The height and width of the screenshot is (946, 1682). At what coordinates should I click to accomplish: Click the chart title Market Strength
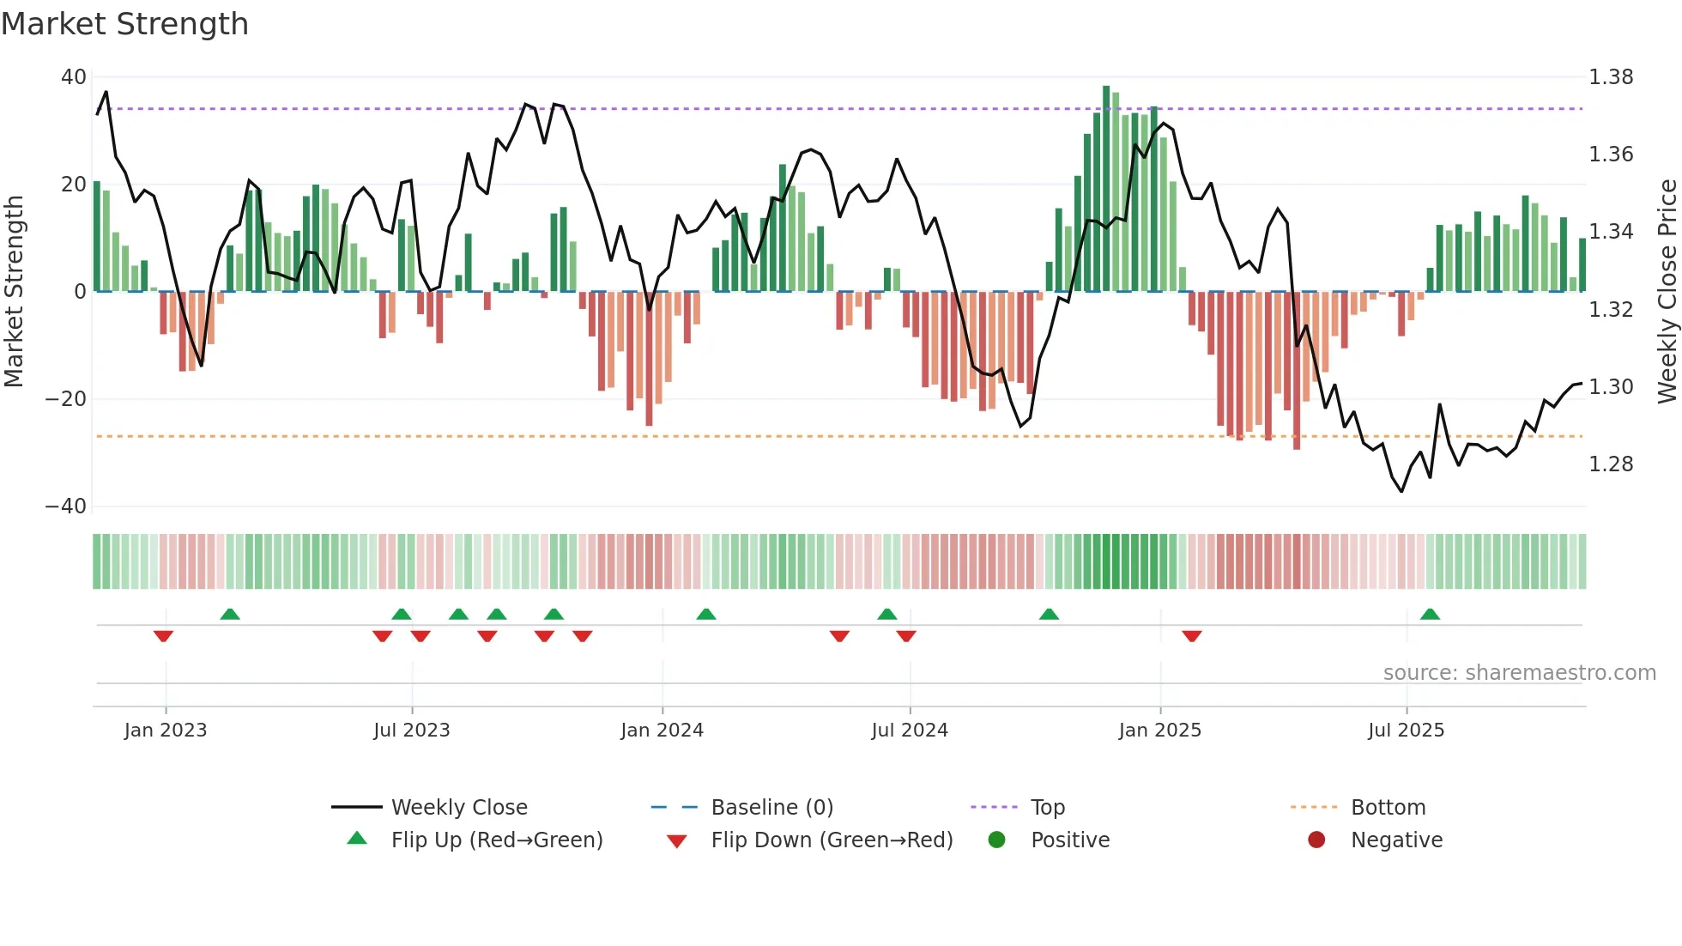pos(124,24)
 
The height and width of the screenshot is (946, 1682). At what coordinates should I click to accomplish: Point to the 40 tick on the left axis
pos(73,77)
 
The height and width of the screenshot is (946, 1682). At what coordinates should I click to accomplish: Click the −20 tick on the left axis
pos(66,399)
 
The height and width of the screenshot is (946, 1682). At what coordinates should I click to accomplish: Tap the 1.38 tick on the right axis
pos(1611,77)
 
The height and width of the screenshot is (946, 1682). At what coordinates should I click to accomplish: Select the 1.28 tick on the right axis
pos(1611,464)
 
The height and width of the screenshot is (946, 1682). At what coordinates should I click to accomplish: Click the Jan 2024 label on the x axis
pos(662,731)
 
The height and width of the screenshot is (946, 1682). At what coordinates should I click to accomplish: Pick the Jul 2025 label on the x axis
pos(1406,731)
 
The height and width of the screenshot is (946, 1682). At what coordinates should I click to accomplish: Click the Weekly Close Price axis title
pos(1667,291)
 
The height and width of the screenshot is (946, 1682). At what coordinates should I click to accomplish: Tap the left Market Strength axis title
pos(15,291)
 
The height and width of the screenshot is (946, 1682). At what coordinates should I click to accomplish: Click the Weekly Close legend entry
pos(459,808)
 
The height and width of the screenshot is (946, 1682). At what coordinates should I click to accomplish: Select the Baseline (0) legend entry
pos(771,808)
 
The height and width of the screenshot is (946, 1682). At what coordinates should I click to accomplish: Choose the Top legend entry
pos(1047,808)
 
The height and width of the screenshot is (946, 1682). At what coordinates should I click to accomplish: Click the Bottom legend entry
pos(1388,808)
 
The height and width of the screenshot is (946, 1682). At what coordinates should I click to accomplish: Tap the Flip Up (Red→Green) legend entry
pos(496,840)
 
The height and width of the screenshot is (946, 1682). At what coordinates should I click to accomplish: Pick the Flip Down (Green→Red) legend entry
pos(832,840)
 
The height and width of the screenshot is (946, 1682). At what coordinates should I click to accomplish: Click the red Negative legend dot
pos(1316,840)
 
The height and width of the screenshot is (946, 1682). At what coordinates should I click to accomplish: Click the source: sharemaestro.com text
pos(1519,673)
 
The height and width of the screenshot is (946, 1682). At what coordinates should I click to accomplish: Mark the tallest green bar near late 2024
pos(1106,189)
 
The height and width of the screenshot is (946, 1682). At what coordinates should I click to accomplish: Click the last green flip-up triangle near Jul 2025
pos(1430,614)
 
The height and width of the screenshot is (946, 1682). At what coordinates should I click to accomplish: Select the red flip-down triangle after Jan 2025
pos(1191,636)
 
